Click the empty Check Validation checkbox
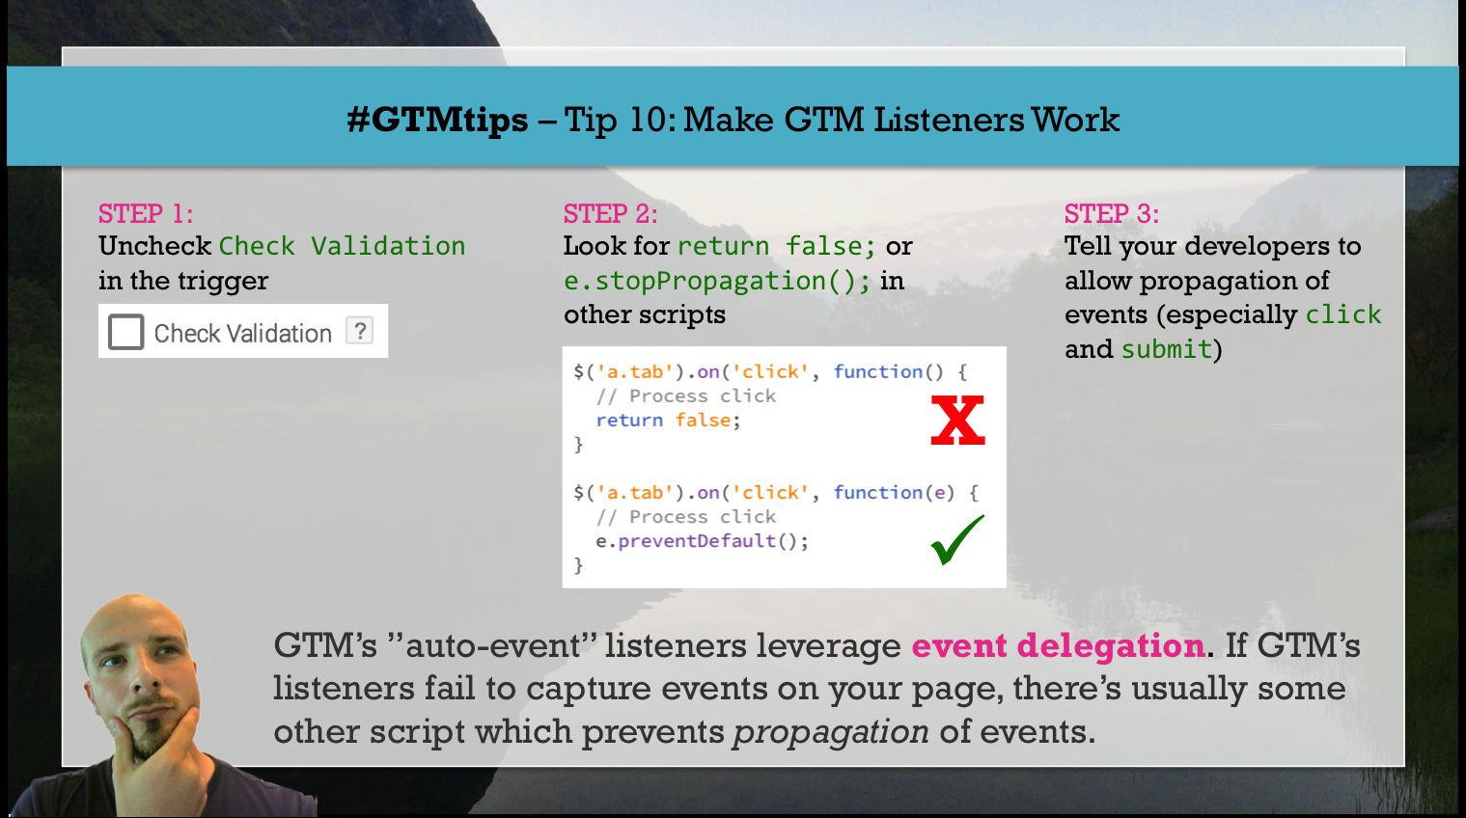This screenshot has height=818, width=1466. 125,332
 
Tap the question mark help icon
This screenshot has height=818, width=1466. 359,330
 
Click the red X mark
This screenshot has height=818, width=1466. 957,421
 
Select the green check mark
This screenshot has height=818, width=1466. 956,540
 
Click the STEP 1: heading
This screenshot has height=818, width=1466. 146,214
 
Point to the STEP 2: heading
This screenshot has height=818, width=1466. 611,214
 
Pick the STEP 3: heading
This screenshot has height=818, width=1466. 1111,214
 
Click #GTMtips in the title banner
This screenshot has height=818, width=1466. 437,120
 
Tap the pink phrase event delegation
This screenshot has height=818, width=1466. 1059,645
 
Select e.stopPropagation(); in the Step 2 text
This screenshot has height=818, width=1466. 717,281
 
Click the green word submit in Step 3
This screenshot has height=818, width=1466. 1167,348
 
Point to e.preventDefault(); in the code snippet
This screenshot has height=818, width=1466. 702,541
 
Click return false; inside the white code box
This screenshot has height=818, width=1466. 668,420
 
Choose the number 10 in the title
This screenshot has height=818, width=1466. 646,120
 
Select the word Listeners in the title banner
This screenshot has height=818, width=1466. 948,120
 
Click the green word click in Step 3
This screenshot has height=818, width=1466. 1343,314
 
